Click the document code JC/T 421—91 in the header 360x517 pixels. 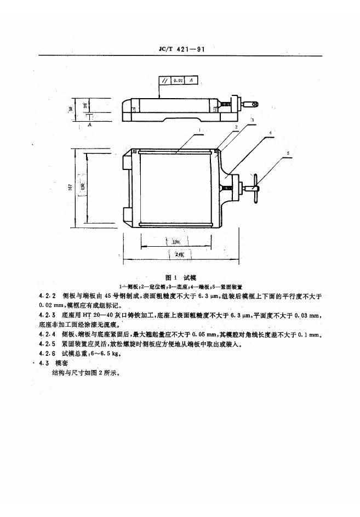point(180,50)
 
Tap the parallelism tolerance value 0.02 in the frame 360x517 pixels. point(177,81)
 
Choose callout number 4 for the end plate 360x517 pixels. point(271,133)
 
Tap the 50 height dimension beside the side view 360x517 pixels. point(71,109)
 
